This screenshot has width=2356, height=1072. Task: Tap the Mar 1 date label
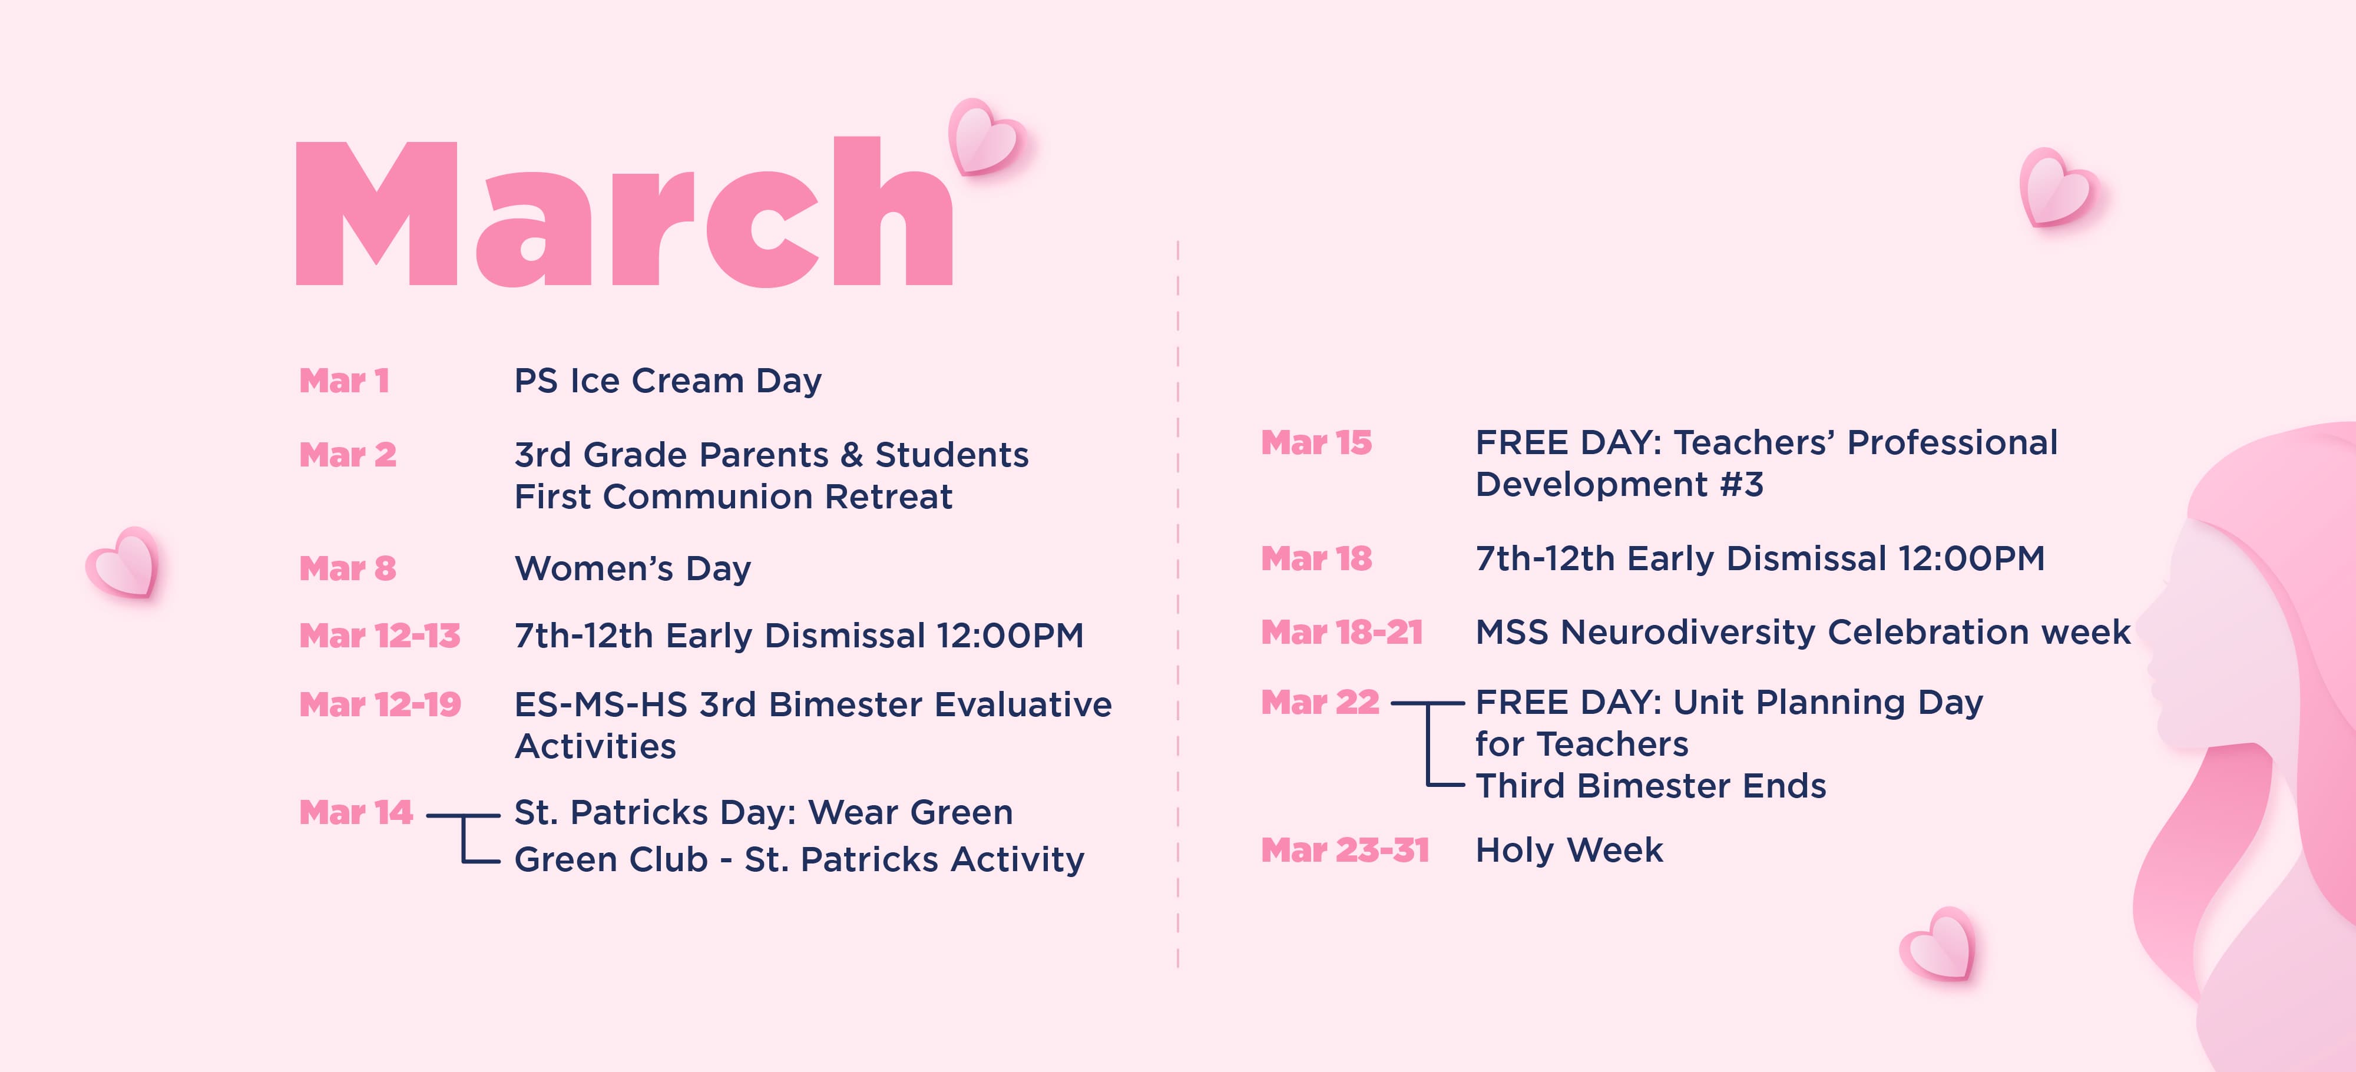tap(345, 381)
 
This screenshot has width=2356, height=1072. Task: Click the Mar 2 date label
tap(348, 455)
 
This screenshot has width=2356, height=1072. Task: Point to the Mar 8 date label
tap(348, 568)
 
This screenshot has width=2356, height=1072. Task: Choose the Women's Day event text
tap(633, 568)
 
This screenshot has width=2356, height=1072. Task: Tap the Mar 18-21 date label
tap(1342, 632)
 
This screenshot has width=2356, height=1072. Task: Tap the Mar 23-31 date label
tap(1345, 851)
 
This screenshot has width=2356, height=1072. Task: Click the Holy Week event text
tap(1570, 851)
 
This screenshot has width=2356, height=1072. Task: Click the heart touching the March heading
tap(986, 137)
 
